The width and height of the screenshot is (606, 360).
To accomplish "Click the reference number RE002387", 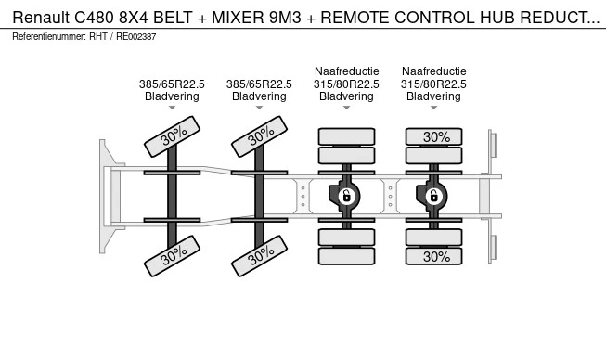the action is coord(136,37).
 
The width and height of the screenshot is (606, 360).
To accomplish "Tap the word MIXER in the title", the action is coord(237,18).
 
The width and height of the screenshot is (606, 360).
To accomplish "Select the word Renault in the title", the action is coord(41,18).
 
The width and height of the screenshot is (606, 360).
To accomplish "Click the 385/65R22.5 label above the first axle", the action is coord(172,84).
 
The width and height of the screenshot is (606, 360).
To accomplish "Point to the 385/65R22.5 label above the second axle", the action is coord(259,84).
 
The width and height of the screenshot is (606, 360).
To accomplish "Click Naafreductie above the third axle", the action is coord(347,71).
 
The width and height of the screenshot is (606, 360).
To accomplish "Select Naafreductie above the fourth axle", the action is coord(433,71).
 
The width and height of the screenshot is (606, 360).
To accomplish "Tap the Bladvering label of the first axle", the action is coord(172,96).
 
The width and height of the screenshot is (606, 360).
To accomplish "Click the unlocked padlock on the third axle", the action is coord(346,196).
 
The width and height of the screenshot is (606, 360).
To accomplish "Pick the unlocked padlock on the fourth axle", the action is coord(433,196).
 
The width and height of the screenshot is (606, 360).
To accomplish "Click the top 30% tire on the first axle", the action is coord(172,136).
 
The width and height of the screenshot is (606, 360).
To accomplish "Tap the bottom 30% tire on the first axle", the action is coord(172,256).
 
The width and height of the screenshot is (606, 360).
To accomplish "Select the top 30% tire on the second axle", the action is coord(259,136).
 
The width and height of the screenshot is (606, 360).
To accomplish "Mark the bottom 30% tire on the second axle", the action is coord(259,256).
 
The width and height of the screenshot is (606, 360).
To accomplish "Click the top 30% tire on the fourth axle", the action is coord(433,136).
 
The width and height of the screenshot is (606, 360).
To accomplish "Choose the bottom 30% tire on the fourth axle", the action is coord(433,256).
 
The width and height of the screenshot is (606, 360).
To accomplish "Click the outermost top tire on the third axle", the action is coord(346,136).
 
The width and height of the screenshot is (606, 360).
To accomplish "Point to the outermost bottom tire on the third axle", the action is coord(346,256).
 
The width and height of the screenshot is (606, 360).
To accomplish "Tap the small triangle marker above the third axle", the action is coord(346,108).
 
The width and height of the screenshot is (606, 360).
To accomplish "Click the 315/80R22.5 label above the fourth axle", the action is coord(433,84).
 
